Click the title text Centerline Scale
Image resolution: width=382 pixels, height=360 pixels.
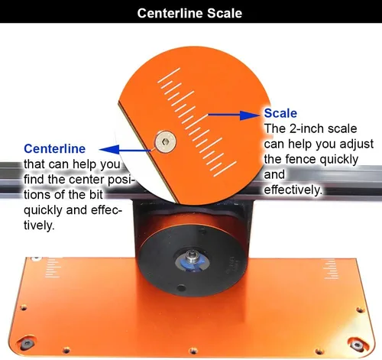pos(189,13)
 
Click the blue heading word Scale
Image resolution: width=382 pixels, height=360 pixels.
pos(280,113)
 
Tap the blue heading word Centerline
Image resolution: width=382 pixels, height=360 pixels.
pos(54,148)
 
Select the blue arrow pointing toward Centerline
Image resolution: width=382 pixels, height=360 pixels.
pos(125,150)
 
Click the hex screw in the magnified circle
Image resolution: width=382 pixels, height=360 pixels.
pos(166,141)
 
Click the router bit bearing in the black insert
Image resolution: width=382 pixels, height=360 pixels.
pos(192,257)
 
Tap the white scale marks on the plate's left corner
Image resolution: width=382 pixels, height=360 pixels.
pos(53,268)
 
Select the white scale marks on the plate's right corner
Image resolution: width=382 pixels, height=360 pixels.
pos(332,269)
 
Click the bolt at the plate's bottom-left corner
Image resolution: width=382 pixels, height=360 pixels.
pos(27,344)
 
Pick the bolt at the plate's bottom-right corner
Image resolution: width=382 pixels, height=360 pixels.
pos(357,345)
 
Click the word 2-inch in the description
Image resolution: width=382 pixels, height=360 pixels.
pos(306,128)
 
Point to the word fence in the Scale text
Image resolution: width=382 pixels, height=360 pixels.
pos(300,159)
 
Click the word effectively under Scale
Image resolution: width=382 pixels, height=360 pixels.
pos(293,190)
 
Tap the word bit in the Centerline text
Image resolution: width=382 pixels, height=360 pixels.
pos(96,195)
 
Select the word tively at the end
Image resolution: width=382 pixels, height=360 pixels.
pos(39,225)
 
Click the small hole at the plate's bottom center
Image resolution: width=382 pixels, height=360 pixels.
pos(193,350)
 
